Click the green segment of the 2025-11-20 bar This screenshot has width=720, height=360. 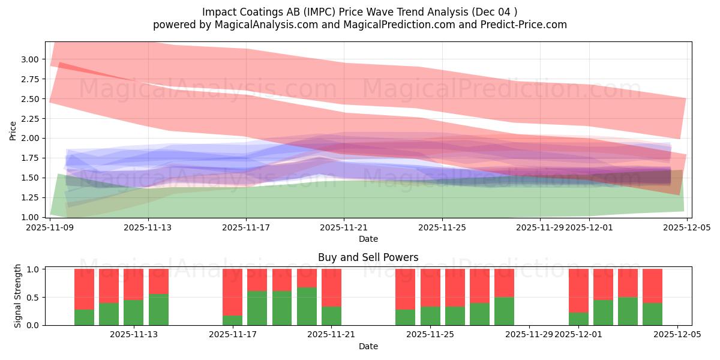307,307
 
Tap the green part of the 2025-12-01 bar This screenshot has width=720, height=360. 578,319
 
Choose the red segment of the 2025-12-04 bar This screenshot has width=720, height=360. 652,286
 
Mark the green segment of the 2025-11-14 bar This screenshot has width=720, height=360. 158,310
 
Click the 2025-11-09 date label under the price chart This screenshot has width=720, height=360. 50,227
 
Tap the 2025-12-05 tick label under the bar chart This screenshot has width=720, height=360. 677,335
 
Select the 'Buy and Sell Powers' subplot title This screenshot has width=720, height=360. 368,257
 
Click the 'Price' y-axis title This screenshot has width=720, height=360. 13,130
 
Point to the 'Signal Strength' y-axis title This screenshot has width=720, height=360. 18,296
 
